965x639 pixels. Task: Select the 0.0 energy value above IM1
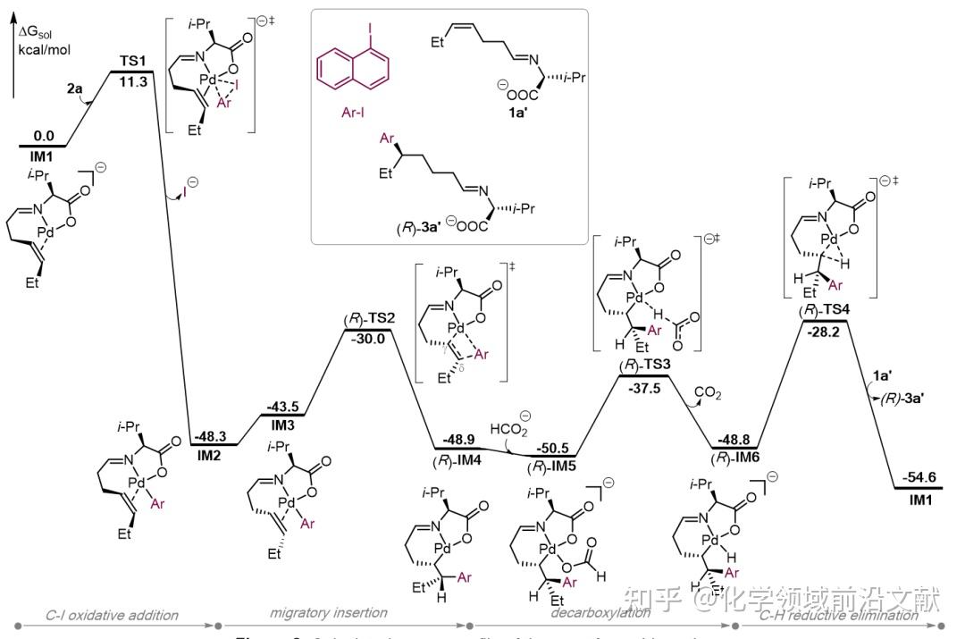pos(44,134)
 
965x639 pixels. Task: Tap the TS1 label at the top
pos(133,62)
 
